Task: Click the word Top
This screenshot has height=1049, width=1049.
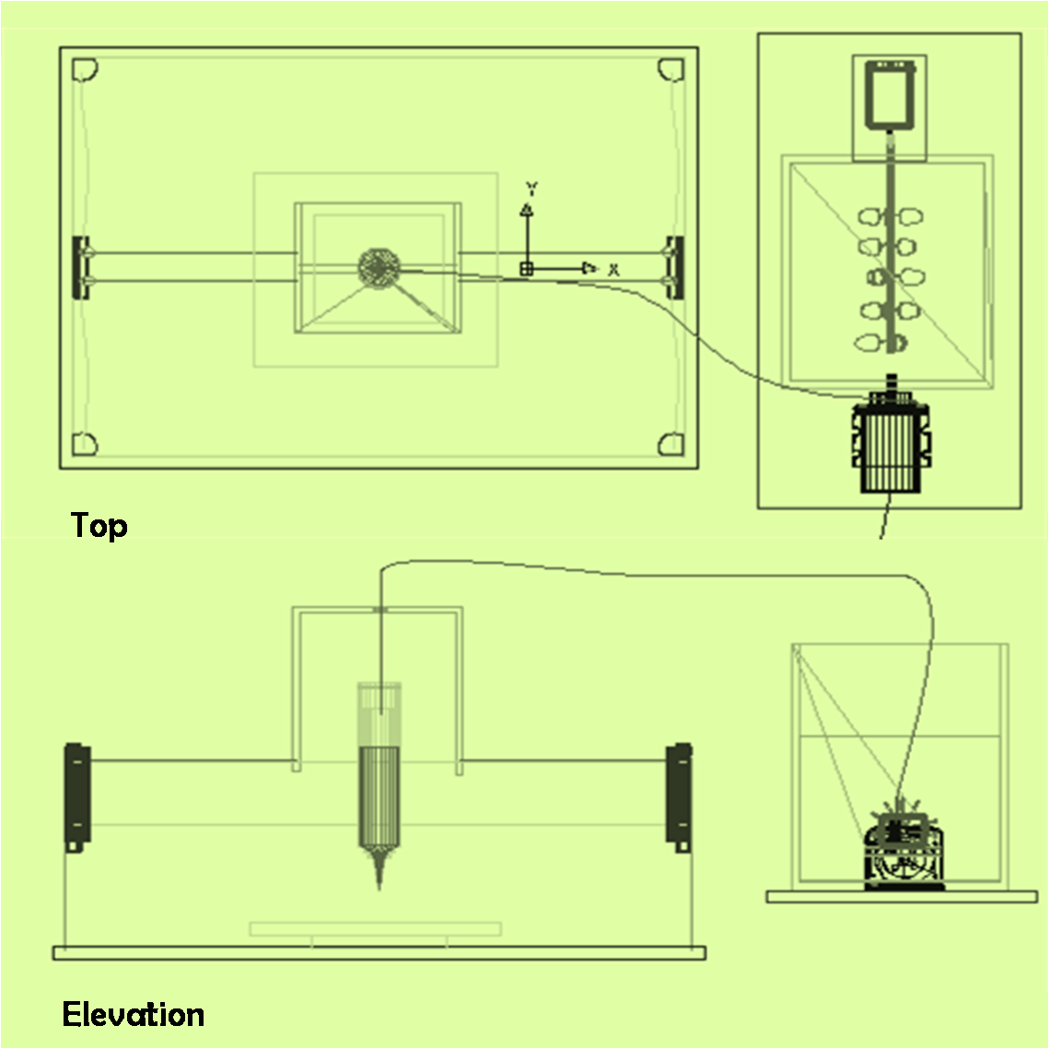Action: (99, 526)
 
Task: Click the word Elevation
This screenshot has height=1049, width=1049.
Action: (134, 1014)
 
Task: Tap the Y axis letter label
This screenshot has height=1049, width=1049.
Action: (531, 188)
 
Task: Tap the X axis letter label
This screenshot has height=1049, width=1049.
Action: (613, 270)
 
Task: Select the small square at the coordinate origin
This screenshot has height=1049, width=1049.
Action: (527, 269)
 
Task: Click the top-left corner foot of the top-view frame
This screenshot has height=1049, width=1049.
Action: (85, 70)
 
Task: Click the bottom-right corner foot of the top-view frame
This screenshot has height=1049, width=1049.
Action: (671, 444)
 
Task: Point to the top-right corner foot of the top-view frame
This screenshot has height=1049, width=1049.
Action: (671, 70)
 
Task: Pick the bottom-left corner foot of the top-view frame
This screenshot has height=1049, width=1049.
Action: (85, 444)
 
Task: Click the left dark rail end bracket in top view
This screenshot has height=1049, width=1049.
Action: (81, 268)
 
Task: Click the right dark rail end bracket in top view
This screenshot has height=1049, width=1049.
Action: (675, 268)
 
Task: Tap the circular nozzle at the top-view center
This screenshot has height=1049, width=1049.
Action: (379, 269)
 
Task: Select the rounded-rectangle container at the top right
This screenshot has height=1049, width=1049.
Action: (890, 95)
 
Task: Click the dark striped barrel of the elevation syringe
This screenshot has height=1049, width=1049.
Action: (379, 796)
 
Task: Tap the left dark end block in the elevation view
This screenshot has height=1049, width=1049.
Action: (77, 797)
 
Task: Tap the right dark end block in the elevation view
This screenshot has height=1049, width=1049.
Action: (679, 797)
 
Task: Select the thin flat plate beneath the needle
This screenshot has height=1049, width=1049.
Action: (376, 928)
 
